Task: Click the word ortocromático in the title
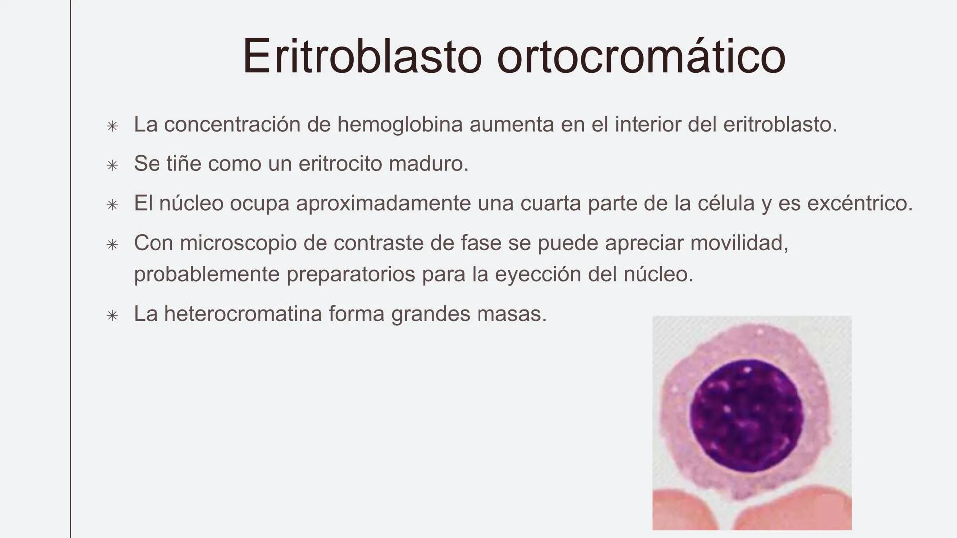coord(641,56)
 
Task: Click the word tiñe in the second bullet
coord(184,163)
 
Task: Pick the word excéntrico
coord(859,203)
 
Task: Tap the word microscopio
coord(253,243)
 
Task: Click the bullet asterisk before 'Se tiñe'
coord(112,165)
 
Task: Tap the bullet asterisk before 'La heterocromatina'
coord(112,316)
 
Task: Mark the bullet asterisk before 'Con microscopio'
coord(112,245)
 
